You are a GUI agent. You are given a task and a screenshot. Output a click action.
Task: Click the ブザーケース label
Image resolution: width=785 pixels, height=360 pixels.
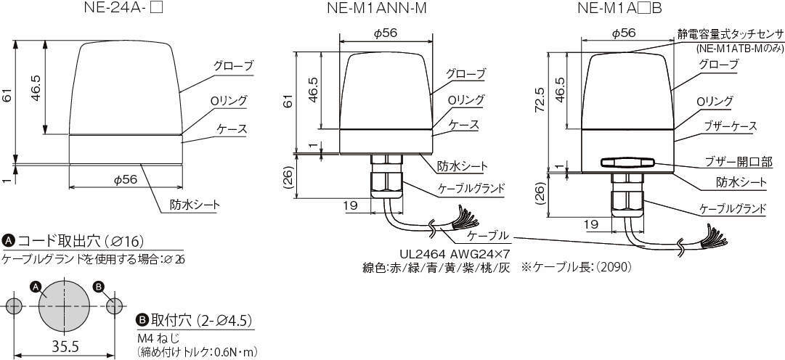(726, 126)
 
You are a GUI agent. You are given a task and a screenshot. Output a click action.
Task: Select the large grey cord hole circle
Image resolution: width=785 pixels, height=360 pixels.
(64, 305)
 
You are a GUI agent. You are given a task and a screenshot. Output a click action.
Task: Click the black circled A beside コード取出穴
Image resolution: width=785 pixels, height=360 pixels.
(9, 242)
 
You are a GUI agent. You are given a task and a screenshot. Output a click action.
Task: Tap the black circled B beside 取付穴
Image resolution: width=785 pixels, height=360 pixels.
(142, 320)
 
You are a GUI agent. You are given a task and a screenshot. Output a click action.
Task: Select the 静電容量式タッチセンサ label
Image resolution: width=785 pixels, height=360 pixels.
(730, 34)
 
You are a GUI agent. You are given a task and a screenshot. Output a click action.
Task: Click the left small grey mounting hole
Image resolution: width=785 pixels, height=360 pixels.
(14, 306)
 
